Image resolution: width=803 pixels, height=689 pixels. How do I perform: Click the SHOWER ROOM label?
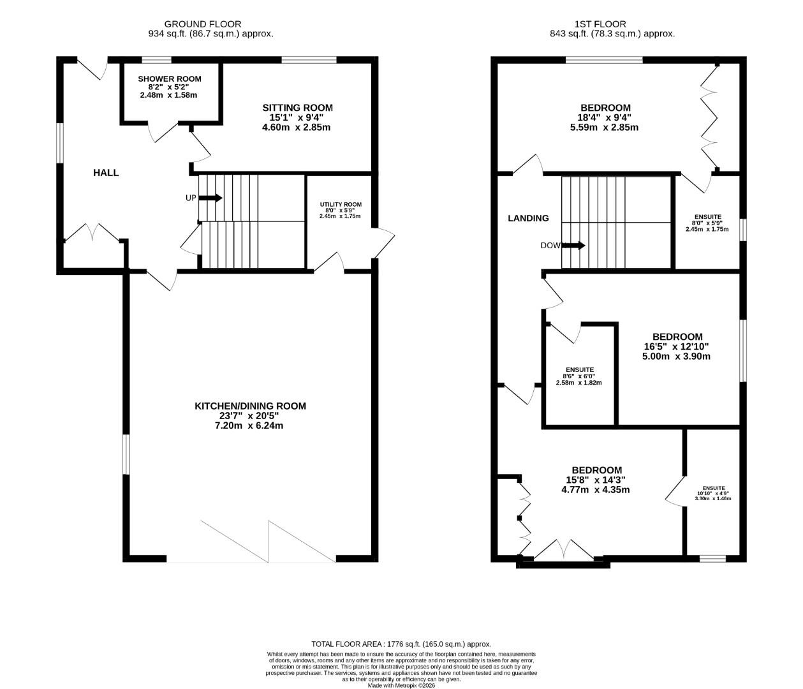click(x=170, y=79)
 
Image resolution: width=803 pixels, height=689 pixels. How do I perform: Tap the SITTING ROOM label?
click(x=297, y=108)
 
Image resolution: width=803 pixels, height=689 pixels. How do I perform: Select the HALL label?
click(x=106, y=173)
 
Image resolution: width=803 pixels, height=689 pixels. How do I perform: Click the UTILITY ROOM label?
click(x=341, y=205)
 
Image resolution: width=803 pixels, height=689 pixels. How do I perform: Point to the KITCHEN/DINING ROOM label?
click(x=250, y=406)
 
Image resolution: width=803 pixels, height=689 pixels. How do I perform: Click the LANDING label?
click(x=528, y=218)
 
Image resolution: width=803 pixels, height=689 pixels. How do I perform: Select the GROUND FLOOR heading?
click(x=203, y=24)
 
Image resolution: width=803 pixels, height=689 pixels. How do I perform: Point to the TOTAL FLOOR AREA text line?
click(x=401, y=644)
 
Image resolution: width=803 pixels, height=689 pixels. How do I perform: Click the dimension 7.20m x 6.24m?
click(x=249, y=426)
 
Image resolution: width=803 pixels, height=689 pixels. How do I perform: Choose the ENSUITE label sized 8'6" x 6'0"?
click(x=580, y=370)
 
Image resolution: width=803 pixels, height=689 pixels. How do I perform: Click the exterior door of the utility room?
click(x=384, y=243)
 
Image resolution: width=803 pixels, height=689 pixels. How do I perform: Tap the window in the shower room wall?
click(x=156, y=61)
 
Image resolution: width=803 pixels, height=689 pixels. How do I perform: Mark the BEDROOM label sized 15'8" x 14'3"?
click(x=596, y=470)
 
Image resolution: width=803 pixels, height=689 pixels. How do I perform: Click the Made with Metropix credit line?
click(x=401, y=686)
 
